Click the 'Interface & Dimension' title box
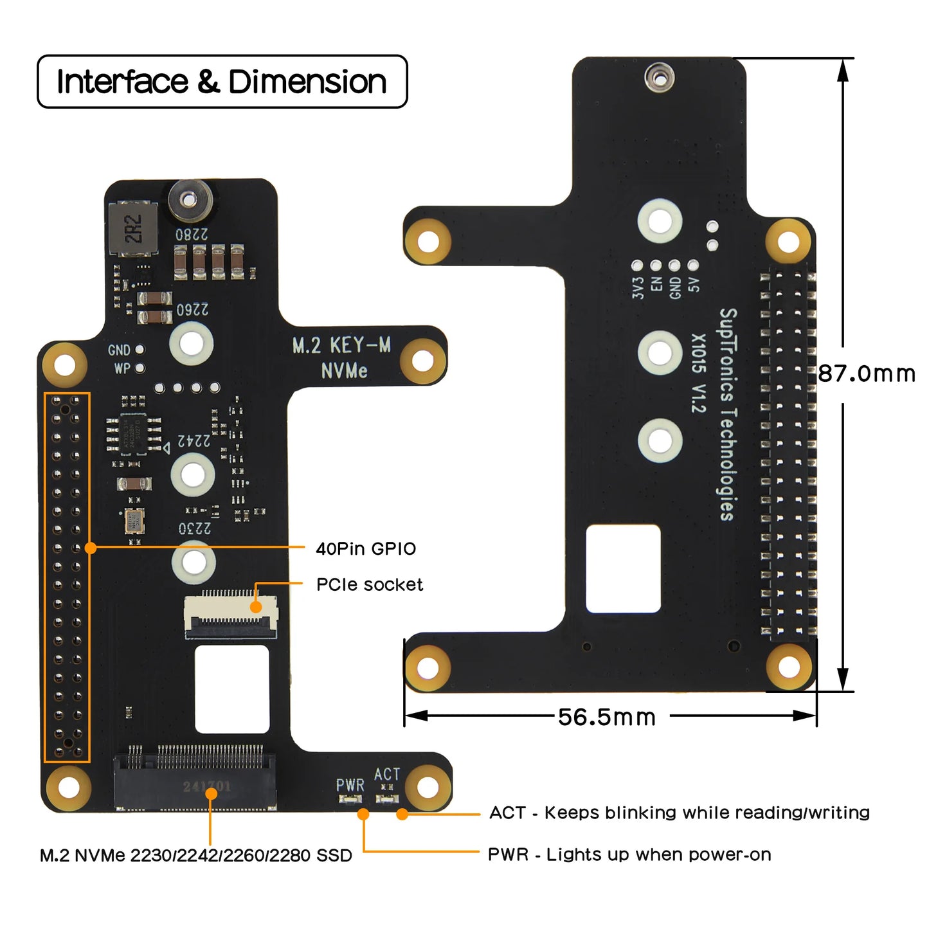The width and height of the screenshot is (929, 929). (222, 82)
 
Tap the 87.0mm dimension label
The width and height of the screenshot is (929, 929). (866, 374)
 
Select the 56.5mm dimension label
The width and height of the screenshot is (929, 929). (606, 717)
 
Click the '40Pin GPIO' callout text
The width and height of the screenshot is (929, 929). (366, 548)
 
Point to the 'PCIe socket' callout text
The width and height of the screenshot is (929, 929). (370, 584)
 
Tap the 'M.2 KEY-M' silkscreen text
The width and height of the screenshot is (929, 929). (341, 345)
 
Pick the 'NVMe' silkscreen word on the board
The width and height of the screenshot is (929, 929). (344, 371)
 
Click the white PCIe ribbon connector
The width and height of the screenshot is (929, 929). (231, 615)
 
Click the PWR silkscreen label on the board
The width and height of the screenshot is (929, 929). (350, 785)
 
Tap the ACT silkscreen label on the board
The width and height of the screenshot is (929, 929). (387, 774)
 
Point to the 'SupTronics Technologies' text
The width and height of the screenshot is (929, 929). (726, 414)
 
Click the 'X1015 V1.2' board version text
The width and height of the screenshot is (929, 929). (699, 373)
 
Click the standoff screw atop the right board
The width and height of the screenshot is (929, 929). (659, 78)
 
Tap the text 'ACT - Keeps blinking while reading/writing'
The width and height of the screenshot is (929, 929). (679, 813)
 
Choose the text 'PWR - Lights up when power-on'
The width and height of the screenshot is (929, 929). (629, 854)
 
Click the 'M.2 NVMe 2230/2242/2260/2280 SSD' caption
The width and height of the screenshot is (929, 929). (196, 855)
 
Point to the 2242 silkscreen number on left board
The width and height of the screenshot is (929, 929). (194, 441)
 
